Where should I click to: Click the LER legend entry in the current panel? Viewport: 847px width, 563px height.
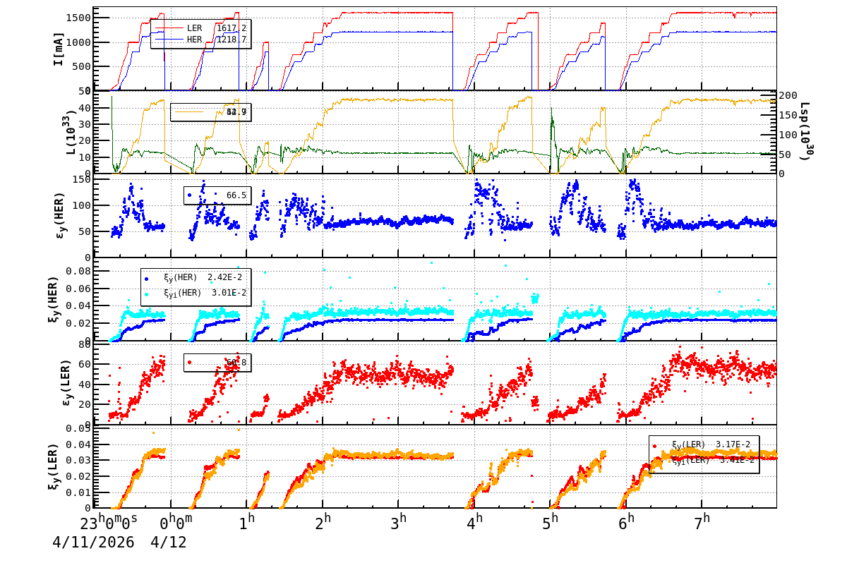click(194, 28)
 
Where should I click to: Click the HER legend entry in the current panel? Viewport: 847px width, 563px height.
click(194, 40)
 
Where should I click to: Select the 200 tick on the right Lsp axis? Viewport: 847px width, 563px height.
click(788, 95)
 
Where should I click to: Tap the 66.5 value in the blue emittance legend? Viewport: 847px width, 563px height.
click(236, 195)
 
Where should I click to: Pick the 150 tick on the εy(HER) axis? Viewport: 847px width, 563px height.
click(82, 179)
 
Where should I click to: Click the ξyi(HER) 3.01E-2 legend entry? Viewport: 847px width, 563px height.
click(194, 293)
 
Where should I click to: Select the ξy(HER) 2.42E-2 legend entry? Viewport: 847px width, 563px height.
click(194, 278)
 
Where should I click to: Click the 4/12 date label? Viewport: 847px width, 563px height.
click(169, 544)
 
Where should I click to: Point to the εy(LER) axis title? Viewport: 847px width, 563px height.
click(59, 382)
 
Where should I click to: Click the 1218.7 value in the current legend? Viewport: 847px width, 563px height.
click(231, 40)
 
